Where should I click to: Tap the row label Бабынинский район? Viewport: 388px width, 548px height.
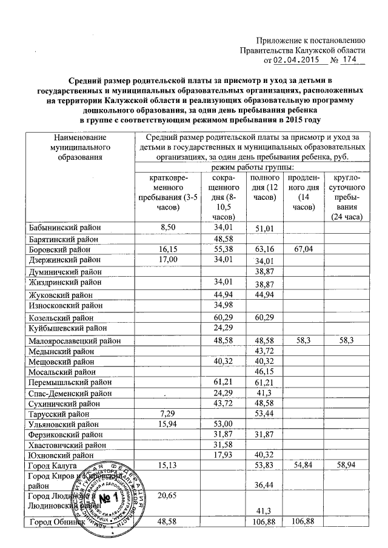pos(65,228)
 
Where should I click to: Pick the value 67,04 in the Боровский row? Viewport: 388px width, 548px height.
pos(301,249)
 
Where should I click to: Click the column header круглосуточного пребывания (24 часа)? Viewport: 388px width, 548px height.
pos(344,197)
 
